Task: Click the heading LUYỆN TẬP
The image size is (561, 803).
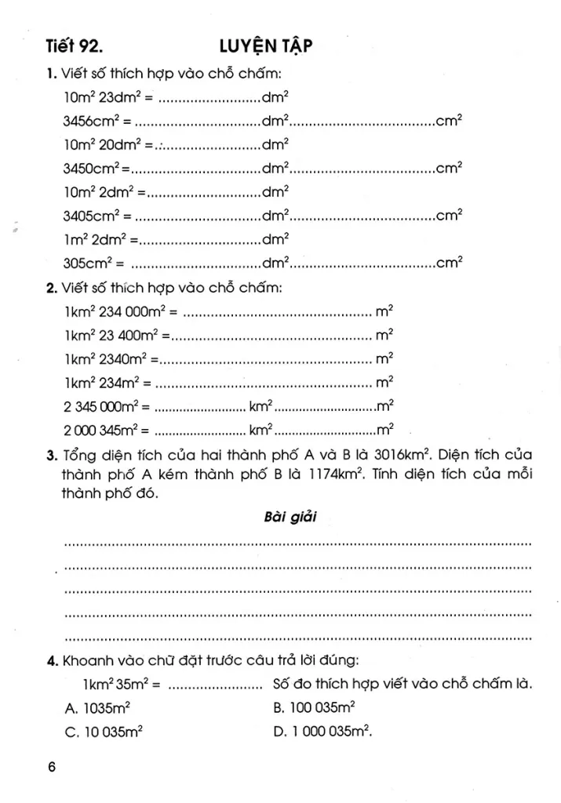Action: tap(266, 47)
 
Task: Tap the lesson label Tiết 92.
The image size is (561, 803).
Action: tap(73, 47)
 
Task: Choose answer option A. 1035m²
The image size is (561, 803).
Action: tap(97, 707)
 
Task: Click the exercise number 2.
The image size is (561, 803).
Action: tap(50, 288)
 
